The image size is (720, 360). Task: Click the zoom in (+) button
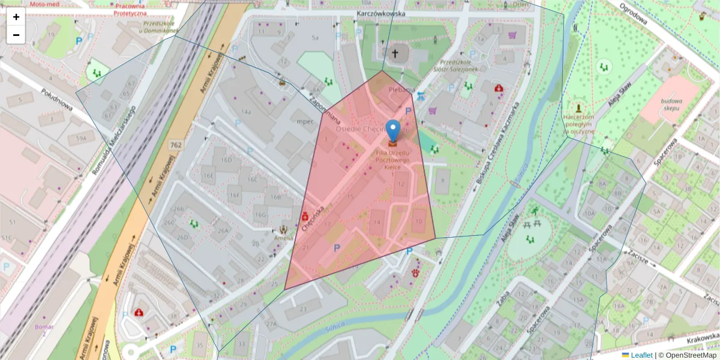coord(16,17)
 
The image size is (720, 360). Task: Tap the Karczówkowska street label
coord(380,13)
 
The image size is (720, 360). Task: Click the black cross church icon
coord(395,54)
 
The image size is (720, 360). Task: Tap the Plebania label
coord(401,89)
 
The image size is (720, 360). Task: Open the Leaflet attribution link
coord(641,355)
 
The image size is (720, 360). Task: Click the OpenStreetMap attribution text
coord(687,355)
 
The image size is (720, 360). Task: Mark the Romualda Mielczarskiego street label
coord(113,142)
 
